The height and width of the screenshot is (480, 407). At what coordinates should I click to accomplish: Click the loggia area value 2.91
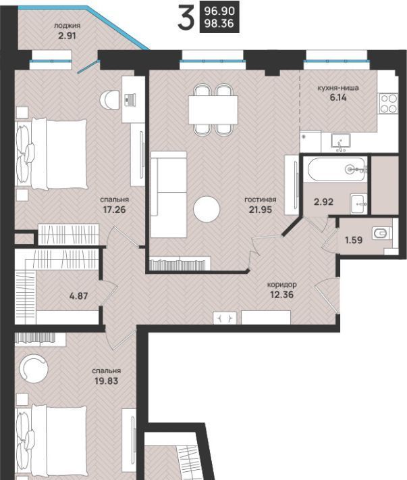(x=67, y=36)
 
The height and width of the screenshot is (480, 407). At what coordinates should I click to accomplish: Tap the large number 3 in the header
(x=186, y=19)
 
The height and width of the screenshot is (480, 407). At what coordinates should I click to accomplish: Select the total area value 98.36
(x=219, y=23)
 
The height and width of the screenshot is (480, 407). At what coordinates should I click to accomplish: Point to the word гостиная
(x=261, y=199)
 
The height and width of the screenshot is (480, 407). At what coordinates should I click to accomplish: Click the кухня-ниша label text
(x=338, y=88)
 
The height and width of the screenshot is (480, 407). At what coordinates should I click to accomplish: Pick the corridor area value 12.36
(x=281, y=295)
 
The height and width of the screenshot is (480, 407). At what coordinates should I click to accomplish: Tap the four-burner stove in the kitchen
(x=388, y=103)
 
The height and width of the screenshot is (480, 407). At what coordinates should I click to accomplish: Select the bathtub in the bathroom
(x=337, y=169)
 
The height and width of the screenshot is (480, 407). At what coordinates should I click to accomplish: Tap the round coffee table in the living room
(x=207, y=210)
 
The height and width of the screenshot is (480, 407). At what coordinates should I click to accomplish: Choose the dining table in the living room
(x=213, y=110)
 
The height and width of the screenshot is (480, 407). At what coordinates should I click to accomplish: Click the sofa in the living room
(x=168, y=195)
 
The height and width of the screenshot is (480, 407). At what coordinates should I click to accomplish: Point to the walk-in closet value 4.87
(x=79, y=296)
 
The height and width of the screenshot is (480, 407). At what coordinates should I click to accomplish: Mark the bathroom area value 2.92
(x=323, y=202)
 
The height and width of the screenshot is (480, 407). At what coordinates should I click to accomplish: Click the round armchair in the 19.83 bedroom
(x=34, y=368)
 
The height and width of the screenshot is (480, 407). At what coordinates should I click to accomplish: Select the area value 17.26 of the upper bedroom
(x=114, y=210)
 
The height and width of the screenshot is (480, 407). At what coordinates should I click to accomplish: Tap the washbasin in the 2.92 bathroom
(x=359, y=204)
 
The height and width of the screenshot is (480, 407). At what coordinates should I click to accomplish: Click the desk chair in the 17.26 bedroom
(x=109, y=99)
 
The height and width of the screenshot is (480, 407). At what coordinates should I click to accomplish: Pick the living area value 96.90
(x=219, y=11)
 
